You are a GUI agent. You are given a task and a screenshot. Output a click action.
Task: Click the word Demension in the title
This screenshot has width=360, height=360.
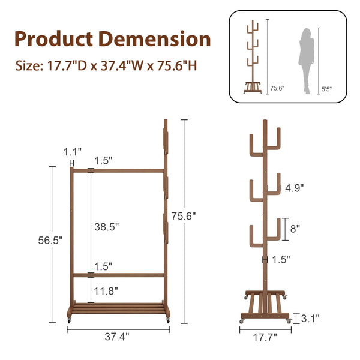[155, 39]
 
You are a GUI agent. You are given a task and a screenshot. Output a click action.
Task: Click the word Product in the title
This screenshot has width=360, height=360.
[54, 39]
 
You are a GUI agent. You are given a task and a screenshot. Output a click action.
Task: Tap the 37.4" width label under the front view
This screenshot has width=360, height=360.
[117, 337]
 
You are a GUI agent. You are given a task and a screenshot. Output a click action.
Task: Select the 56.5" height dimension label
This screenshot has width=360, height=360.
[50, 241]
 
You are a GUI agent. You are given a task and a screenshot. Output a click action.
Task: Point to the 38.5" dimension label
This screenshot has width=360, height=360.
[107, 227]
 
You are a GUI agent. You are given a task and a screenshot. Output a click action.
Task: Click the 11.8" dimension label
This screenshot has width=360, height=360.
[106, 291]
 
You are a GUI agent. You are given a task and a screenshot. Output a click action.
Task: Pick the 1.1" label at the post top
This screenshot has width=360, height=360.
[73, 152]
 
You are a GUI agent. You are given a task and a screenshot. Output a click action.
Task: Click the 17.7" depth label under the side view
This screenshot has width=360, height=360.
[265, 337]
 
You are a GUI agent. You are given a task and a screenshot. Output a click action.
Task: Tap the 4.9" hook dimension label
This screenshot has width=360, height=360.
[295, 188]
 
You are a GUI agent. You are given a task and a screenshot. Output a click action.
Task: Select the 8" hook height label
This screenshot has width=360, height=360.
[295, 229]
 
